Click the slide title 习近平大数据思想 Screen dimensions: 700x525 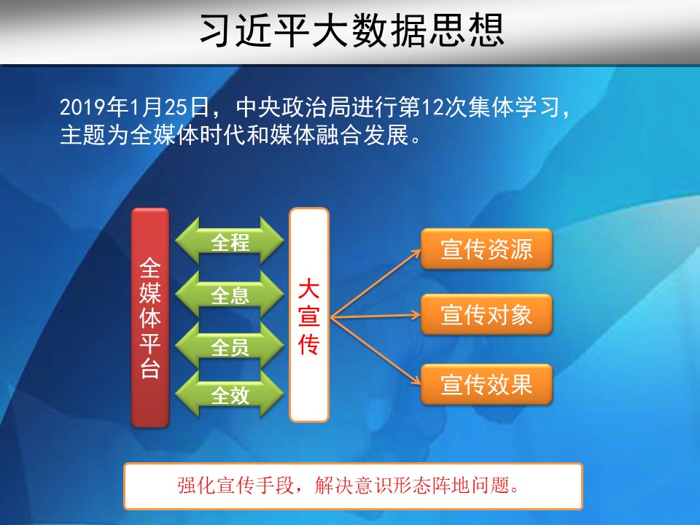pos(351,31)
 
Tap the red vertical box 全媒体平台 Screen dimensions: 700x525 pos(150,317)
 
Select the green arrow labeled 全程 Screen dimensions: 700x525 pos(230,241)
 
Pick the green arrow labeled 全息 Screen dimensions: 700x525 pos(230,295)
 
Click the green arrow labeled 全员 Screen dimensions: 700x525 pos(230,346)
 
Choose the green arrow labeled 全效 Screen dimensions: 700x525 pos(230,394)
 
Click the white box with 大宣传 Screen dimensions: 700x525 pos(309,315)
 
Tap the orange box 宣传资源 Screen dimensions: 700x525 pos(486,249)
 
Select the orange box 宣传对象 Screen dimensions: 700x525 pos(486,314)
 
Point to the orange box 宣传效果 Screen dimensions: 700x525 pos(486,384)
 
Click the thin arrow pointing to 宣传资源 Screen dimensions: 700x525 pos(376,284)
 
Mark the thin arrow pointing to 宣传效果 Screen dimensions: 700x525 pos(376,351)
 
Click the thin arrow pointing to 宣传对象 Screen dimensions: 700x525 pos(376,316)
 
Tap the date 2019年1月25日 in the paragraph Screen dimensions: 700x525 pos(134,107)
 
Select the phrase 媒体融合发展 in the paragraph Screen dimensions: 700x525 pos(339,135)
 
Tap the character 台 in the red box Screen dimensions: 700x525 pos(150,369)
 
